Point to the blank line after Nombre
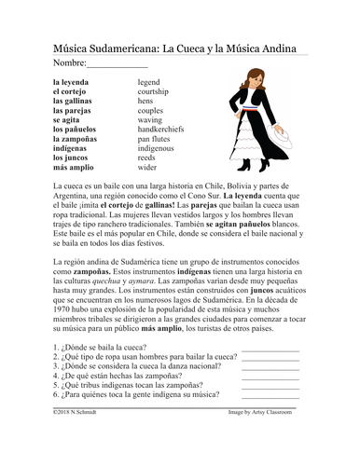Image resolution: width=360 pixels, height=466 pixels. point(116,66)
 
